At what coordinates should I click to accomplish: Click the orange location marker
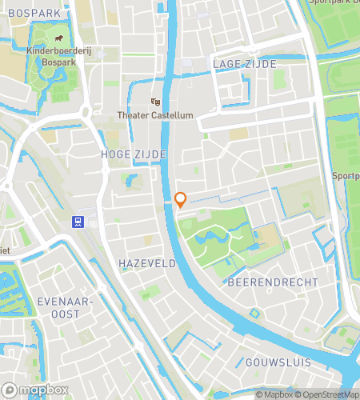click(181, 199)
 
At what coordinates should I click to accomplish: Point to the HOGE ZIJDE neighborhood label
click(134, 153)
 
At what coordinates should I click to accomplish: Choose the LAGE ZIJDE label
click(244, 63)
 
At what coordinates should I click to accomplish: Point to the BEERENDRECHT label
click(272, 282)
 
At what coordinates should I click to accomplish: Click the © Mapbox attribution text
click(274, 394)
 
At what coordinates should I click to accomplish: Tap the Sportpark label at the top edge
click(334, 2)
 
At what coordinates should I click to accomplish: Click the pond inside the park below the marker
click(210, 238)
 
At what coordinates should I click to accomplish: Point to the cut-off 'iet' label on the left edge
click(5, 250)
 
